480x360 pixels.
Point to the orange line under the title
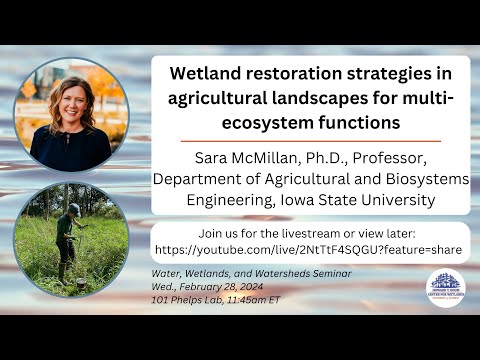click(311, 141)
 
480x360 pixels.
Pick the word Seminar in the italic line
click(328, 273)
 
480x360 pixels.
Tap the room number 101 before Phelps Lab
click(157, 302)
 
